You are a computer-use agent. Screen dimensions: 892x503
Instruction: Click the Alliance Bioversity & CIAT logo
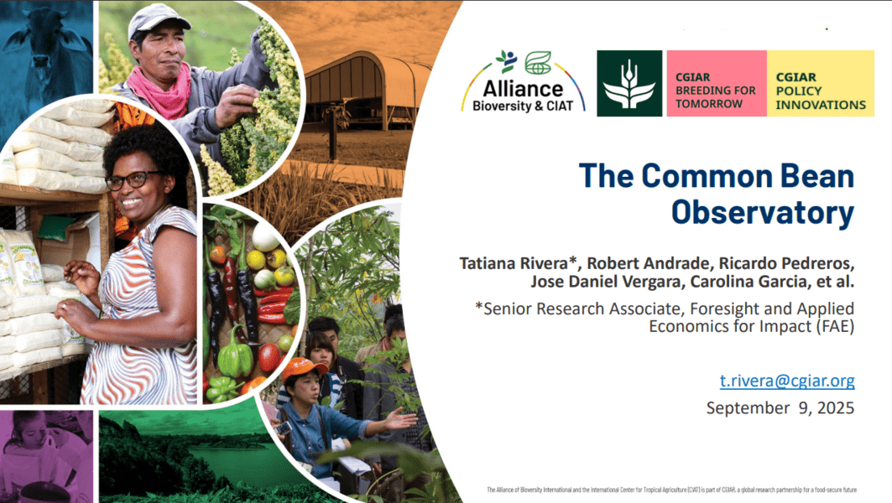click(x=523, y=83)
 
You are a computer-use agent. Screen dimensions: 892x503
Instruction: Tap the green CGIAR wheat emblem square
click(x=629, y=84)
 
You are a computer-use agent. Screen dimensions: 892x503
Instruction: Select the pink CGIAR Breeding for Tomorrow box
click(x=717, y=84)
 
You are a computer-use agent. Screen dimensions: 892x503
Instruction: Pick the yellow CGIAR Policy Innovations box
click(x=821, y=84)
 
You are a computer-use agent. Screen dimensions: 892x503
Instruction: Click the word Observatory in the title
click(x=762, y=213)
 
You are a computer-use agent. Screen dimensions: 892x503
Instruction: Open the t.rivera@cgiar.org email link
click(x=787, y=381)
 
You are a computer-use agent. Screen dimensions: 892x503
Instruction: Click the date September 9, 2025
click(x=780, y=408)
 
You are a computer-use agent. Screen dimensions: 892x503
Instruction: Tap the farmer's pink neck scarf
click(x=161, y=89)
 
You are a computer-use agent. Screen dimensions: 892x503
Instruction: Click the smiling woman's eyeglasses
click(x=133, y=180)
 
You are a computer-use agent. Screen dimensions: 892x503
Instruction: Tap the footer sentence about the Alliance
click(x=671, y=490)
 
